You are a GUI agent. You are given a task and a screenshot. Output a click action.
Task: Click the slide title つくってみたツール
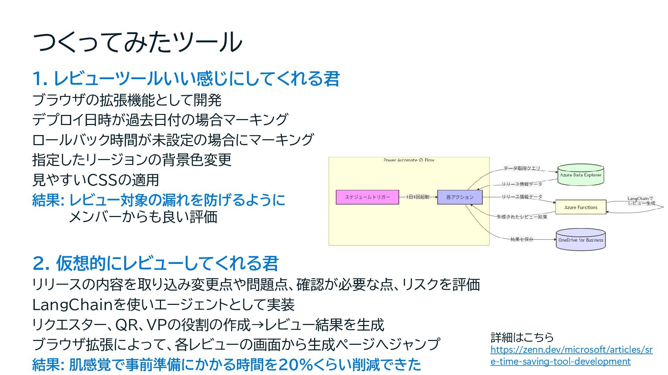(137, 42)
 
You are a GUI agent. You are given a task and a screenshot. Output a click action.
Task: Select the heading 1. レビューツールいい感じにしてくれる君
(186, 78)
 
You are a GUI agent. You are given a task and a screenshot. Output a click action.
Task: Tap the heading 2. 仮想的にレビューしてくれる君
(156, 263)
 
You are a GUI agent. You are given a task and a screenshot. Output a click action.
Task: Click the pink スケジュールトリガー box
(367, 197)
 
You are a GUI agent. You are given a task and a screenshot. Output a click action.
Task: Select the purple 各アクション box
(460, 197)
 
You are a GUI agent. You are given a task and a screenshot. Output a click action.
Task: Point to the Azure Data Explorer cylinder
(580, 175)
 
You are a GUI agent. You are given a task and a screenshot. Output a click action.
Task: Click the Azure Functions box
(580, 207)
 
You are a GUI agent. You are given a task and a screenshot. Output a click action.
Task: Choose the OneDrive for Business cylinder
(580, 240)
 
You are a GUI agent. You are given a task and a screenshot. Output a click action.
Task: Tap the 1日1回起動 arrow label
(418, 197)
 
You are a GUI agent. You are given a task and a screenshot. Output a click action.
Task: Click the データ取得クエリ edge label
(522, 168)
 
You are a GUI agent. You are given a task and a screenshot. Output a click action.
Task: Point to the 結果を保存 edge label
(522, 239)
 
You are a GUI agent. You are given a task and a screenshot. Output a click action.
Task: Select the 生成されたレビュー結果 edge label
(522, 217)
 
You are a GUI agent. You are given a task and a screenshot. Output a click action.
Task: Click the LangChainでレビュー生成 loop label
(641, 201)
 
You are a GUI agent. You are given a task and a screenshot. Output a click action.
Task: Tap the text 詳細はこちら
(522, 337)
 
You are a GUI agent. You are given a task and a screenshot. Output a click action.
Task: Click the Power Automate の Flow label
(409, 160)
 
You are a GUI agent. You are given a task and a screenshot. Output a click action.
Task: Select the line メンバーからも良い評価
(143, 217)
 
